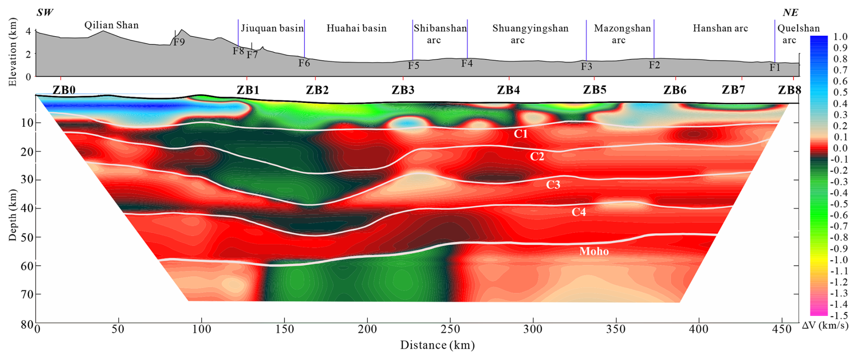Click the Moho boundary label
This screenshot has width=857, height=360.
594,251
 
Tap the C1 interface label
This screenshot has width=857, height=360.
520,134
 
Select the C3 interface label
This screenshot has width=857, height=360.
553,185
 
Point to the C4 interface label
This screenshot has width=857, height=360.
578,212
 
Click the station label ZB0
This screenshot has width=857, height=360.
64,90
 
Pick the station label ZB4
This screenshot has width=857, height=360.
508,90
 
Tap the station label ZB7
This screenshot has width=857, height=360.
733,90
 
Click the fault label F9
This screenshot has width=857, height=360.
179,42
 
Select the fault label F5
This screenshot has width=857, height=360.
413,66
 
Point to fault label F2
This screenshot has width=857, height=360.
654,65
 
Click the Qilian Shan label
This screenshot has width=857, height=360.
111,25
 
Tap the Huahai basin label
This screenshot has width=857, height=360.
356,28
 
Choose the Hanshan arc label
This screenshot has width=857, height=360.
720,28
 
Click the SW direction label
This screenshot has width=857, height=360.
45,12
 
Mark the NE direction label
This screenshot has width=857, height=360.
790,12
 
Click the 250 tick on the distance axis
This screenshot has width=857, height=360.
450,329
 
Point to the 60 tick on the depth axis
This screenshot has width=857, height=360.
27,266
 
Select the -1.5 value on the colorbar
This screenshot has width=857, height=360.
840,316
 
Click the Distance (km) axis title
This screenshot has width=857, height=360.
437,346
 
